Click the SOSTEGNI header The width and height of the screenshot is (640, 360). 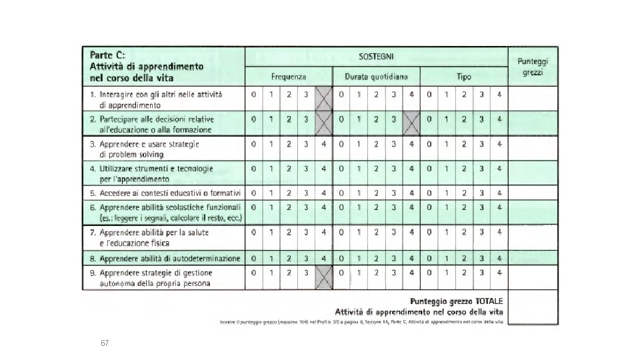coord(377,57)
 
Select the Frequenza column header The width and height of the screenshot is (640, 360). coord(289,77)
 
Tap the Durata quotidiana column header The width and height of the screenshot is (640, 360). coord(376,77)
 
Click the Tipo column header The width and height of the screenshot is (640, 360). coord(464,77)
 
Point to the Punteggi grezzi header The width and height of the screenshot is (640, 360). coord(533,66)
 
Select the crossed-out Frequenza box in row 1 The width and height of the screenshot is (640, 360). coord(323,99)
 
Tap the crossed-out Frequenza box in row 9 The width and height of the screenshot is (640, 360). coord(323,277)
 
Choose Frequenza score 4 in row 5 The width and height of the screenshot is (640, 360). coord(323,193)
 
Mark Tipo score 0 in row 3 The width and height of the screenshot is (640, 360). coord(429,144)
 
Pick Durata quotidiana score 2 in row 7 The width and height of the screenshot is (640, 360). coord(377,233)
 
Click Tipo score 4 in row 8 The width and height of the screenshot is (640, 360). coord(499,258)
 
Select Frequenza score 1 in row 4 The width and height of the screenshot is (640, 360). coord(271,169)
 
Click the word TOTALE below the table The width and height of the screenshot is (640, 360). coord(486,301)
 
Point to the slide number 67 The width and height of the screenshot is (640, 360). coord(104,343)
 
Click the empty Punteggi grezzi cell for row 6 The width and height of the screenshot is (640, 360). coord(533,213)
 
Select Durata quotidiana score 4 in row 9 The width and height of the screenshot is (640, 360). coord(411,273)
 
